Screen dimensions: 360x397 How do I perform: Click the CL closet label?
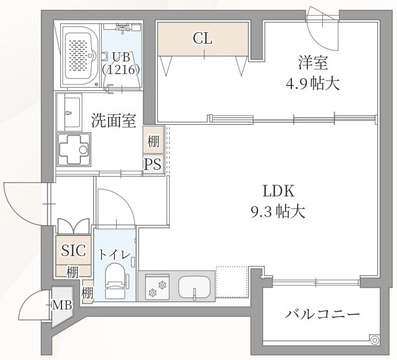click(202, 38)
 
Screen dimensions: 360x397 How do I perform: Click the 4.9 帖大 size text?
click(313, 84)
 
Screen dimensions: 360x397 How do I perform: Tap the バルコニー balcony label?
click(322, 315)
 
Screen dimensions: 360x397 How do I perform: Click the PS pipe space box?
click(152, 165)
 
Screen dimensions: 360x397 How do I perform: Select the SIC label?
click(74, 250)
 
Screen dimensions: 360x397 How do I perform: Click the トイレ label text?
click(115, 254)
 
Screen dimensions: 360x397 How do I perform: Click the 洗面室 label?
click(113, 121)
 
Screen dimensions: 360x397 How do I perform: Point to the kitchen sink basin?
click(195, 285)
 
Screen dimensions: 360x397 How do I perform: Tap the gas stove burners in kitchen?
click(157, 286)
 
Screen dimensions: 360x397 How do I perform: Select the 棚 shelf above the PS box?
click(152, 141)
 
